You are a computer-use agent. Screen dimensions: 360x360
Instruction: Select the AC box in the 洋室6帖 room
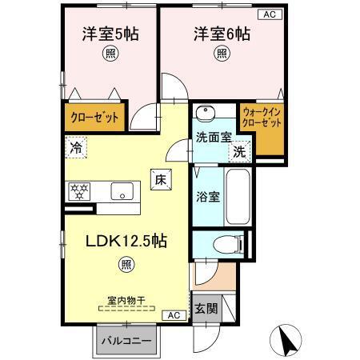click(x=268, y=14)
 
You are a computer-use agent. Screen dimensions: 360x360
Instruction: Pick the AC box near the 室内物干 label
click(x=174, y=315)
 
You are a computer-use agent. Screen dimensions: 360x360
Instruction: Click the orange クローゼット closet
click(x=94, y=117)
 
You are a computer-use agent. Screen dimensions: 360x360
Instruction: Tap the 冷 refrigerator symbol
click(x=77, y=147)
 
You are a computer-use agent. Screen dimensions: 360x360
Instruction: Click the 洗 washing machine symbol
click(x=239, y=150)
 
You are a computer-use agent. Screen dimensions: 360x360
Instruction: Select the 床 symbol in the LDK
click(x=158, y=180)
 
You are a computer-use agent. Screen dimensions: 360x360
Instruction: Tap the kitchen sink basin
click(x=122, y=192)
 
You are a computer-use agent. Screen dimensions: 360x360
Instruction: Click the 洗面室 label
click(x=213, y=137)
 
